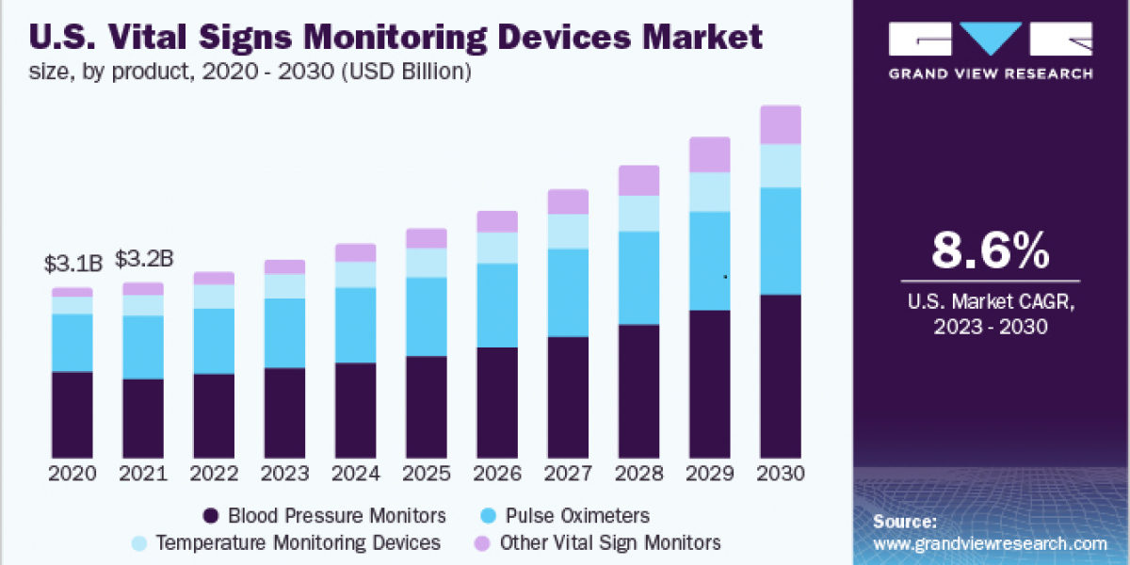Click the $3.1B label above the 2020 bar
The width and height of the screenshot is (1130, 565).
point(72,264)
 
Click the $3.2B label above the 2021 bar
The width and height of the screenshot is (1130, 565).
point(143,259)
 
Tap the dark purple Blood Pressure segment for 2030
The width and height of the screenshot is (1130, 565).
point(781,377)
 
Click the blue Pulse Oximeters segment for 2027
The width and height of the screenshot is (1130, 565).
point(568,292)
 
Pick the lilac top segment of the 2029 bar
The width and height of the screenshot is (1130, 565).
point(710,154)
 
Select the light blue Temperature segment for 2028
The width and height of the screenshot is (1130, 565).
point(639,213)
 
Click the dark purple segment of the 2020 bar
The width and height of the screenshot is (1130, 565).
point(72,414)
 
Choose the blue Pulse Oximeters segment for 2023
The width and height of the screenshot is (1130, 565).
point(284,332)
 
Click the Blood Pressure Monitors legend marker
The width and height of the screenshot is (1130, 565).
point(211,516)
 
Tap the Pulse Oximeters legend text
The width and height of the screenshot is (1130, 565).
point(576,516)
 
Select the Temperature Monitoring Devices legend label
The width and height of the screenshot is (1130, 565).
point(298,542)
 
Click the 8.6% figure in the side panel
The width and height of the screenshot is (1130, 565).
point(990,251)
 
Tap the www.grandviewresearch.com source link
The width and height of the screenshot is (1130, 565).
point(990,543)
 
